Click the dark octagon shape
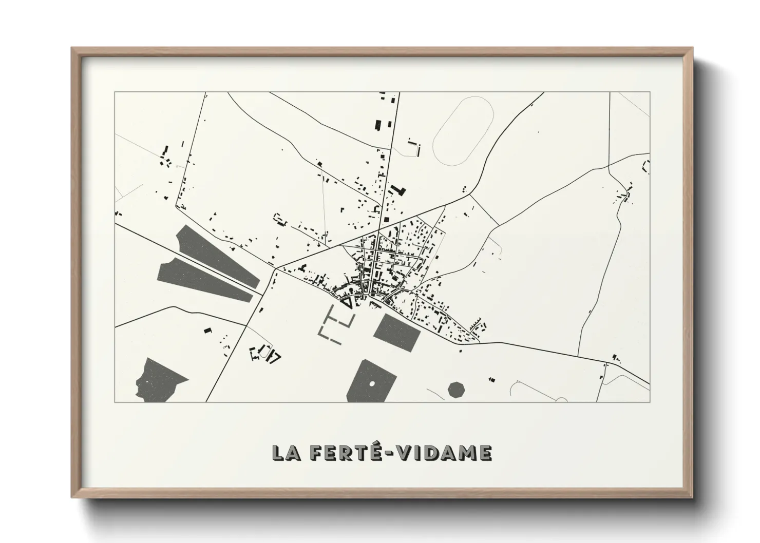tap(456, 389)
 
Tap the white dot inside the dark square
tap(371, 383)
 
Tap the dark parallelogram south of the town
tap(397, 332)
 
